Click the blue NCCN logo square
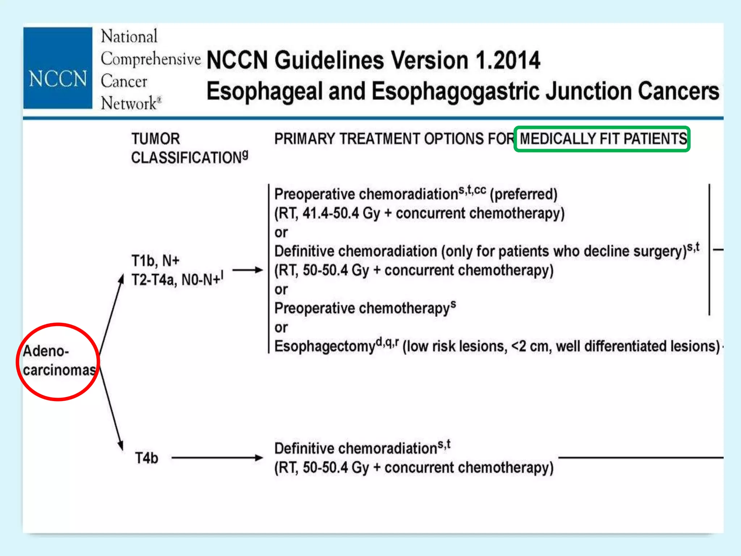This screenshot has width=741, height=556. tap(58, 68)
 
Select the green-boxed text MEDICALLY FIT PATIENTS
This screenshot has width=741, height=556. tap(603, 139)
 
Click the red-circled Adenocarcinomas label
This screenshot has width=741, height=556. tap(58, 361)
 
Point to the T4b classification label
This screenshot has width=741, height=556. tap(147, 458)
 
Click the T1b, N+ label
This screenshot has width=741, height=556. tap(155, 261)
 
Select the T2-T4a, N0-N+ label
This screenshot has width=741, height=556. tap(177, 279)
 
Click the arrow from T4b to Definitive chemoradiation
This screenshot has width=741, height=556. tap(217, 458)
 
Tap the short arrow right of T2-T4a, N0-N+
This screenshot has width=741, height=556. tap(247, 270)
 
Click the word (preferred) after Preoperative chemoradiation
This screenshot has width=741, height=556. tap(523, 194)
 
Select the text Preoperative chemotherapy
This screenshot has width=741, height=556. tap(362, 308)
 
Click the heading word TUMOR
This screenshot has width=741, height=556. tap(156, 139)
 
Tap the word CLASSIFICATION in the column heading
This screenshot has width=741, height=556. tap(186, 158)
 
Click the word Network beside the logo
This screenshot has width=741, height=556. tap(129, 104)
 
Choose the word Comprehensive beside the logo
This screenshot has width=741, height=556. tap(151, 59)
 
